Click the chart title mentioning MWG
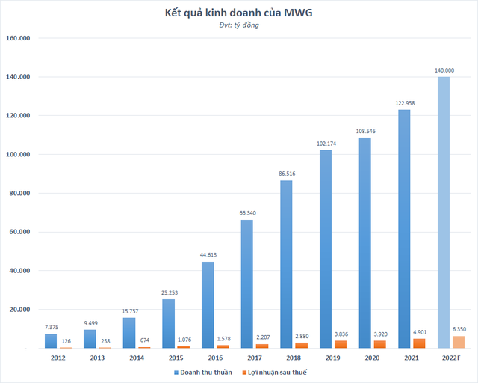click(239, 13)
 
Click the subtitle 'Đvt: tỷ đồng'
click(239, 26)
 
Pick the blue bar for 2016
click(208, 304)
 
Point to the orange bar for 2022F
click(458, 342)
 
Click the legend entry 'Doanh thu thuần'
click(202, 372)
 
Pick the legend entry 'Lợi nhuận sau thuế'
click(279, 372)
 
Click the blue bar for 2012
click(51, 340)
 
